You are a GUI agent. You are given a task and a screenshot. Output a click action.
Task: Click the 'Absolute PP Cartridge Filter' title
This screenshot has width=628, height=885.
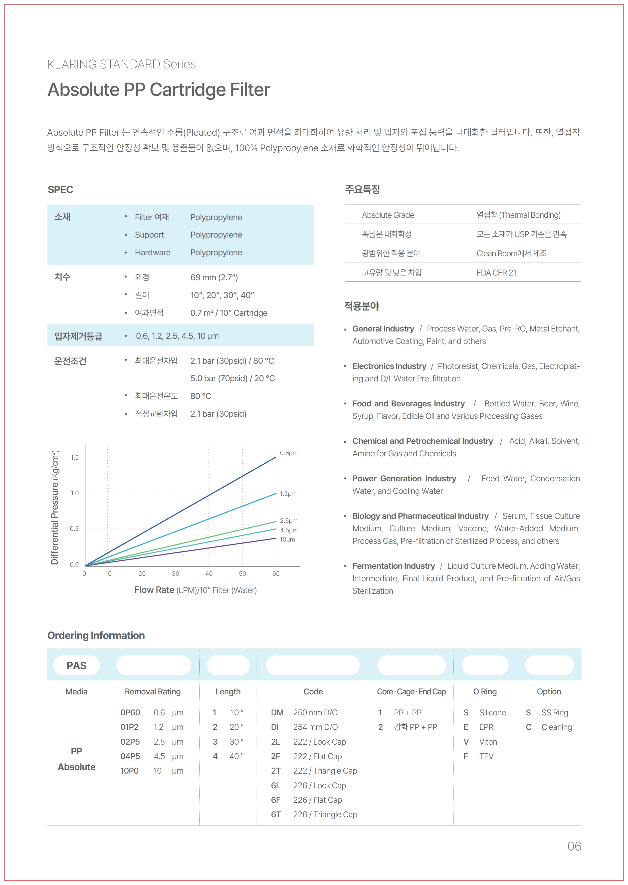159,90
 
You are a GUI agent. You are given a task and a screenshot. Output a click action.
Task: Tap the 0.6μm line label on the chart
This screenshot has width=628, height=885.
288,453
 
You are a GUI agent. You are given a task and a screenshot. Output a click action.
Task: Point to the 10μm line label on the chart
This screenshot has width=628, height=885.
287,539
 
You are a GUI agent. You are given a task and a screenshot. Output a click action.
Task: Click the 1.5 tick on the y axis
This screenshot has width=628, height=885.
75,457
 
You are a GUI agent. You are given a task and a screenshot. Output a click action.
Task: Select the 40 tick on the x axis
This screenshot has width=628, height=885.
209,574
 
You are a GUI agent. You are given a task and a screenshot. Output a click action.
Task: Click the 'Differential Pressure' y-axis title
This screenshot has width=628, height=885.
55,507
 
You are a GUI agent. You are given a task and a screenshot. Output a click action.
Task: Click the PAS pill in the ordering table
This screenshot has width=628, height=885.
77,665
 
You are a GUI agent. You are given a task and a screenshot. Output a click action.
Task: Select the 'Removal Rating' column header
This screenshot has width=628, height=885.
153,692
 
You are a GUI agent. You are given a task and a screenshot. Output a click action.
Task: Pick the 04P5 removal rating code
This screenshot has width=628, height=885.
130,756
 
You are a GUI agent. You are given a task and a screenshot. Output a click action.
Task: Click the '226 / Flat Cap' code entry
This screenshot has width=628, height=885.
317,800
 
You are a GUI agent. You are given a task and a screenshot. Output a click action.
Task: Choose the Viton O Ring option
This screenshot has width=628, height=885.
488,742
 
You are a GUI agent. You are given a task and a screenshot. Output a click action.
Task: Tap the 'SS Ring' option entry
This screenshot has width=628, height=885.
555,712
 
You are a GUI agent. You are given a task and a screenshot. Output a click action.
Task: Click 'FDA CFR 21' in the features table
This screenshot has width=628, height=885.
496,273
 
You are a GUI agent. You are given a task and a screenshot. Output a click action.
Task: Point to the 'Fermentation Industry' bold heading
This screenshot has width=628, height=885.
393,566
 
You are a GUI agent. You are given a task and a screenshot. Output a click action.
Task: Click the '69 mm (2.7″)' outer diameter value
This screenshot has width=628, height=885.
214,277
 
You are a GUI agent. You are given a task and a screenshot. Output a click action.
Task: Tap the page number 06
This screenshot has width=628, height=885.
574,846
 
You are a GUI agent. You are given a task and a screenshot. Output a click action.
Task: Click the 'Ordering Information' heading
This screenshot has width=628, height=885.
96,635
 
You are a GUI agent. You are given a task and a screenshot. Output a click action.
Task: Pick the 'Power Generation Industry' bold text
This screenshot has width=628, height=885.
404,479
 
